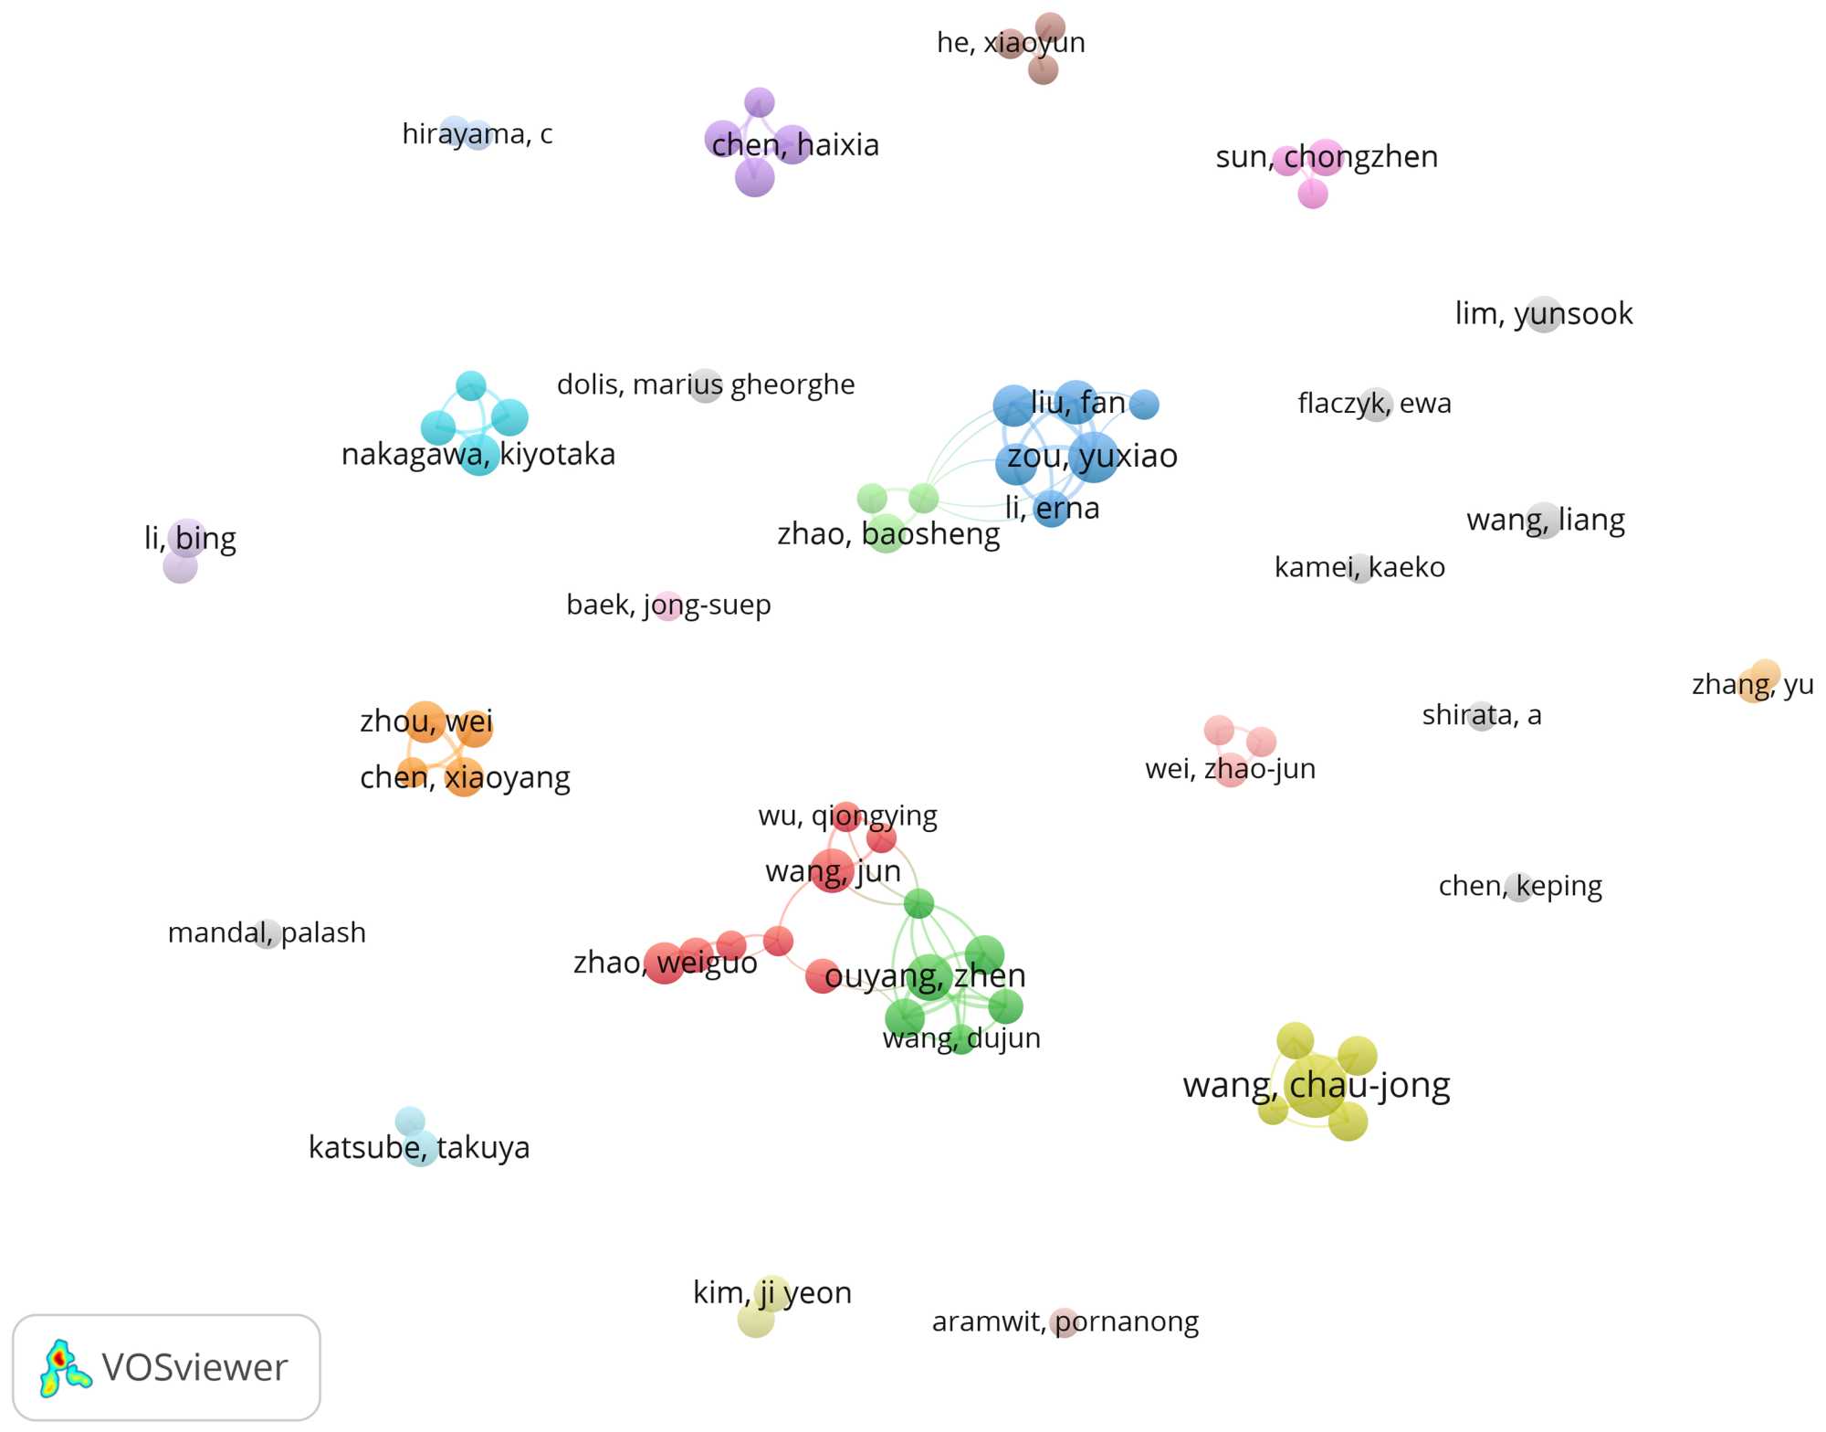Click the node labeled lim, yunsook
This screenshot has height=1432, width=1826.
1543,314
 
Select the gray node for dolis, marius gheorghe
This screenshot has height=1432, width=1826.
706,385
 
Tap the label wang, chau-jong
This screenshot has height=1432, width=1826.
1316,1085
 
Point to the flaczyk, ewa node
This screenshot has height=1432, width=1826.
1375,404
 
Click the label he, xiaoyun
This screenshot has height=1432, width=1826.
1011,43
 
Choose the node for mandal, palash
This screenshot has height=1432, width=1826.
267,933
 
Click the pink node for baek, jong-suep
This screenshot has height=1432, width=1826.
668,605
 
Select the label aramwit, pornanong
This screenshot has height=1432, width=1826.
1065,1321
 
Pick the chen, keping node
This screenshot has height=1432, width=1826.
1519,886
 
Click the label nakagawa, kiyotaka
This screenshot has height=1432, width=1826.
477,455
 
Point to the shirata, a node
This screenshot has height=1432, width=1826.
1481,715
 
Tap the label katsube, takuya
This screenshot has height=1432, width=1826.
418,1147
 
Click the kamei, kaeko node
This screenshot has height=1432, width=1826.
1359,568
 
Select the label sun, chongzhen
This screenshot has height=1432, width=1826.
1326,157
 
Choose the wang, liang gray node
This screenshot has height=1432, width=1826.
1543,521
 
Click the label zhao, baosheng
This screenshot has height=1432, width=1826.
887,534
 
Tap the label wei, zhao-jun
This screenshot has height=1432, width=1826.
1230,769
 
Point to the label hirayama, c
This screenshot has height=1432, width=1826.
477,134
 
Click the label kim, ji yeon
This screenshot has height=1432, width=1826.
771,1293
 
